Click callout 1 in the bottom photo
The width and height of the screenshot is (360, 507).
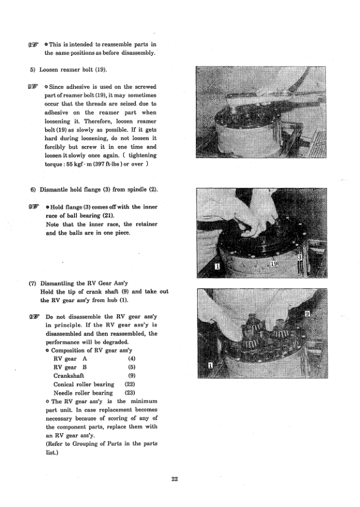click(210, 364)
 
